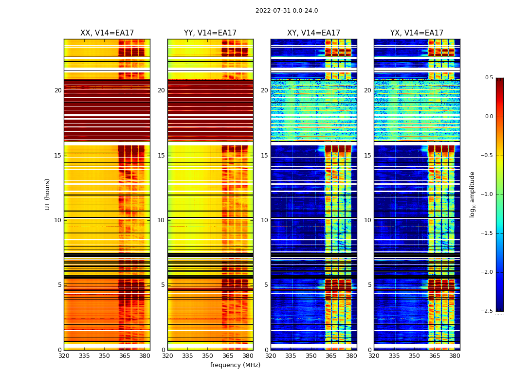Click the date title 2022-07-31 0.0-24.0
287,11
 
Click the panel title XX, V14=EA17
107,33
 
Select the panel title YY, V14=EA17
210,33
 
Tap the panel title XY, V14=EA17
313,33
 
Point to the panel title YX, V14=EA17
417,33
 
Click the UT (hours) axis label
48,194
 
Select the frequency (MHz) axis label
235,365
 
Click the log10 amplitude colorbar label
472,194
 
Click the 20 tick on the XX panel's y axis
58,90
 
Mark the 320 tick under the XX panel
64,356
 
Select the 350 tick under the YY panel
208,356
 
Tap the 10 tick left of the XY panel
264,220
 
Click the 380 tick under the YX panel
455,356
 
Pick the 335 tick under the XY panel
291,356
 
